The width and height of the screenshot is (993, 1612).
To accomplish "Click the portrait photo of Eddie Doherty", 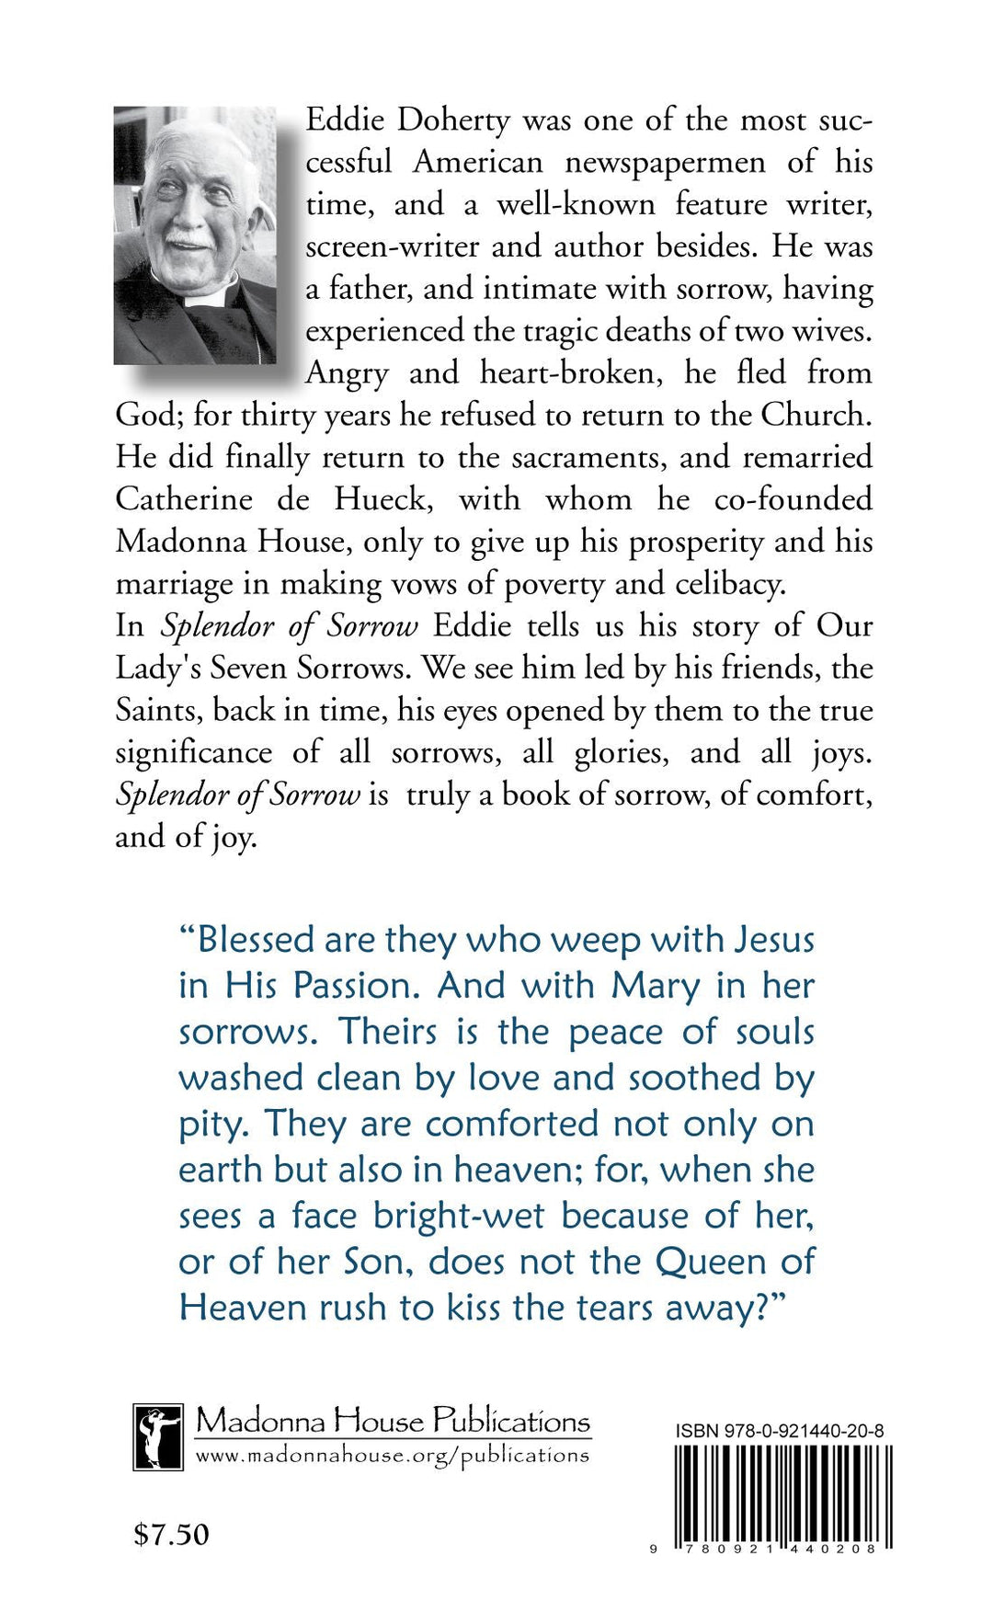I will pyautogui.click(x=195, y=235).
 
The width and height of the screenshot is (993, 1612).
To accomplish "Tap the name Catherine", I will pyautogui.click(x=184, y=499).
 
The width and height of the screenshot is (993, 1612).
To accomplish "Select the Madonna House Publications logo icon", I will pyautogui.click(x=157, y=1436).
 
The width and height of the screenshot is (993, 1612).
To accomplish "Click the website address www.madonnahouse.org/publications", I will pyautogui.click(x=392, y=1456).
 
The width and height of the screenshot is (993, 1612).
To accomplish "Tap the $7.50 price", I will pyautogui.click(x=171, y=1534).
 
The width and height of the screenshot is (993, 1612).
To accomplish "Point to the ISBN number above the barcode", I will pyautogui.click(x=780, y=1431).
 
